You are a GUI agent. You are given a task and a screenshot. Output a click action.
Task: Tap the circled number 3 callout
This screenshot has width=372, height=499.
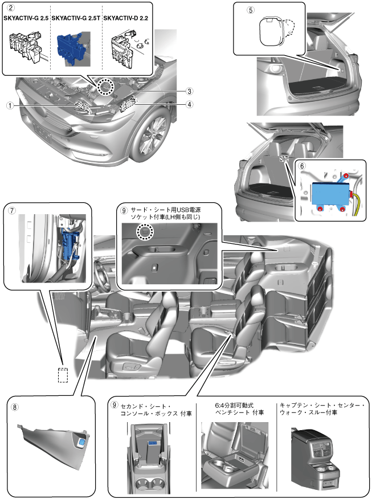[x=189, y=91]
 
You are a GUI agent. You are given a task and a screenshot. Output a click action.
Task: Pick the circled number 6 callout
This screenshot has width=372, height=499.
[x=302, y=166]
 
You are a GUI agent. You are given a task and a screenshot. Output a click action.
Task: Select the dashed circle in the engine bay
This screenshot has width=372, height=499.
[x=104, y=87]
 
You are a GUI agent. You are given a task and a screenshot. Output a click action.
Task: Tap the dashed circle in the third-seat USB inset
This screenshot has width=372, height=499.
[x=145, y=232]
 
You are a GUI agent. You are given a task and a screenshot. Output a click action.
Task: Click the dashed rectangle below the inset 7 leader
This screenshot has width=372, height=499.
[x=63, y=374]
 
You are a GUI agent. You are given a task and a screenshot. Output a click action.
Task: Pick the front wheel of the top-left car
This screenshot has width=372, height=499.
[x=153, y=136]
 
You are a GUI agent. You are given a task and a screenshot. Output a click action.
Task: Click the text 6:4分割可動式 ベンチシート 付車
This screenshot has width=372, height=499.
[x=235, y=409]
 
